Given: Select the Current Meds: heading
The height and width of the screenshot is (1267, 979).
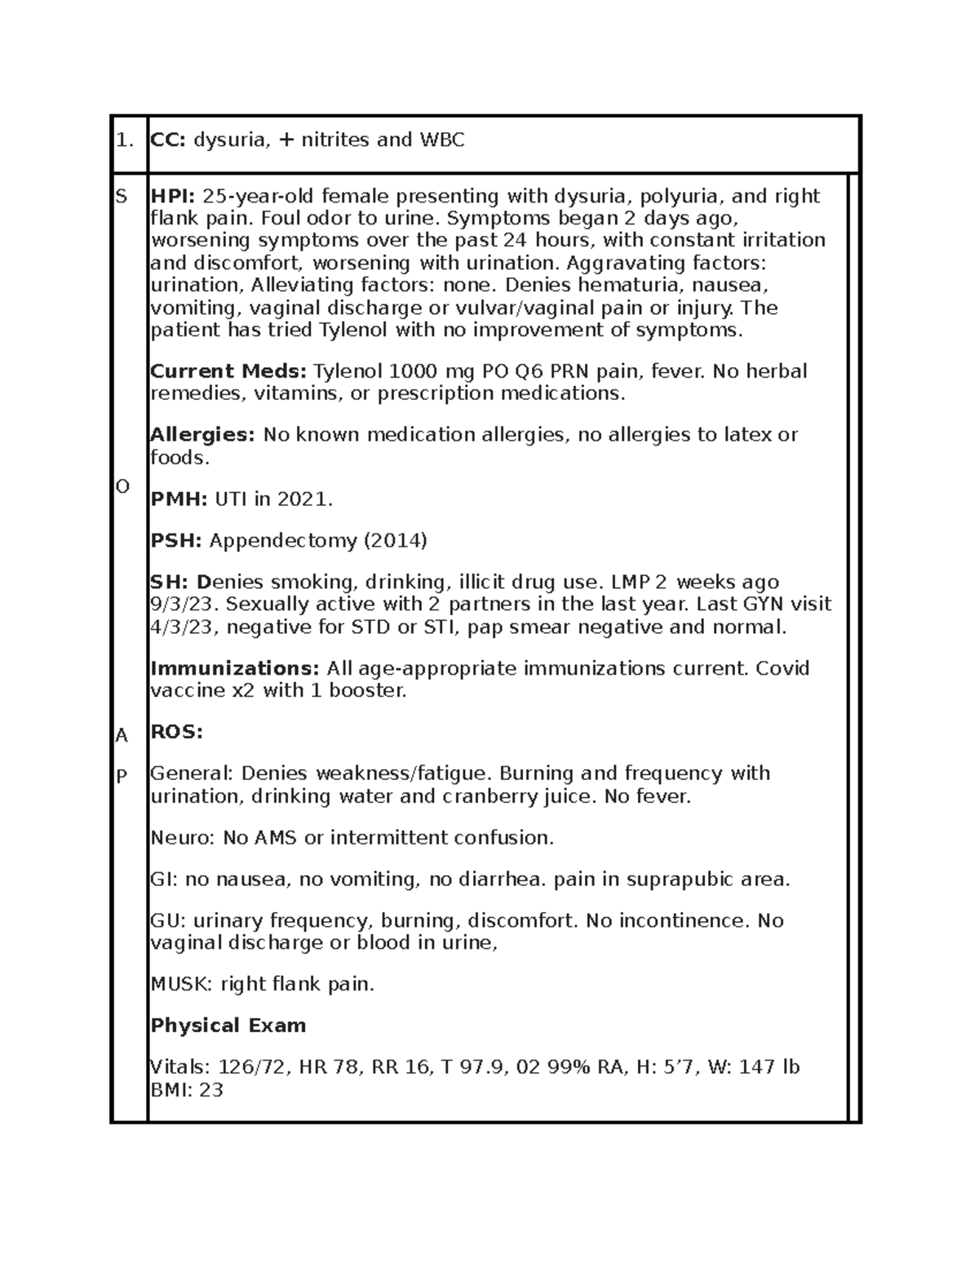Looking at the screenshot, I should (228, 371).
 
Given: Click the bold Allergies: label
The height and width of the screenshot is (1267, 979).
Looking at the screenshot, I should (203, 435).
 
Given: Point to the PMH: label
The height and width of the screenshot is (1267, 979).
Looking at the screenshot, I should (179, 499).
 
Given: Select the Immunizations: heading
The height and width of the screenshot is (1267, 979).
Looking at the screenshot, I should (235, 668).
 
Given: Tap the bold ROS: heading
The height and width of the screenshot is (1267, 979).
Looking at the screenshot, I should (176, 733).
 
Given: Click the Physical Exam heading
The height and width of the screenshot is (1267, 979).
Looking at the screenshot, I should (228, 1026).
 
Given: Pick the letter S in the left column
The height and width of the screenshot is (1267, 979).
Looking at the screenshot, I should (122, 197).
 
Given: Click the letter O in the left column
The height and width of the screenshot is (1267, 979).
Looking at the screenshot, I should (122, 487).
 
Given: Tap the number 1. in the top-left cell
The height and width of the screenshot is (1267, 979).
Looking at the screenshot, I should (124, 140).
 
